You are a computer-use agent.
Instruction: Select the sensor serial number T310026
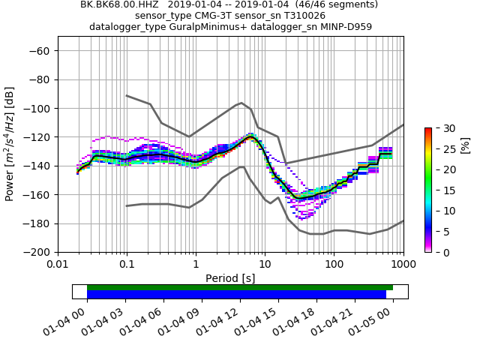coord(300,16)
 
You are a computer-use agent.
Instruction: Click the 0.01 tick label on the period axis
coord(58,265)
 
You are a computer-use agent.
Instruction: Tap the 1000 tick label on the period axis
coord(403,265)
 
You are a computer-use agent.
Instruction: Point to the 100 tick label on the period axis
coord(334,265)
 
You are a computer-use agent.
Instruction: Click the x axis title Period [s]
coord(231,277)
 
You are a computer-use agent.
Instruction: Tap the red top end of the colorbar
coord(427,130)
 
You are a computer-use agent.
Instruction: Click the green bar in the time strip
coord(240,287)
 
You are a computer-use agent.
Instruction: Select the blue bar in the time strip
coord(236,295)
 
